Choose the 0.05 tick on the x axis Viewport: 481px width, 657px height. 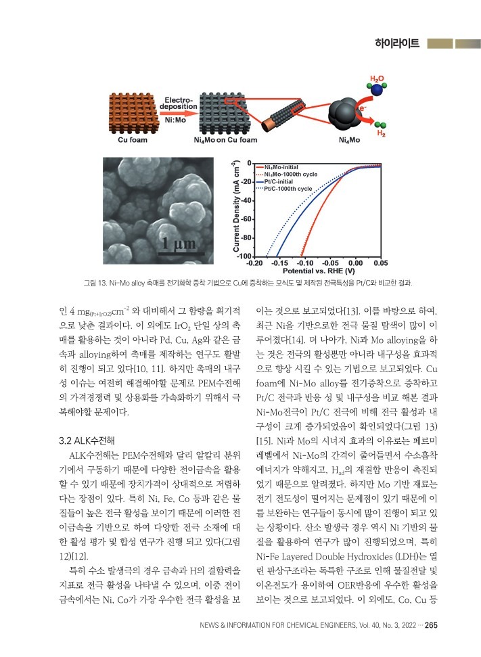pyautogui.click(x=380, y=263)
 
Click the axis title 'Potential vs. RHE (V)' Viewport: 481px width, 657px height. pyautogui.click(x=317, y=270)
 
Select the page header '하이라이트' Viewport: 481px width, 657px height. pyautogui.click(x=398, y=44)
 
